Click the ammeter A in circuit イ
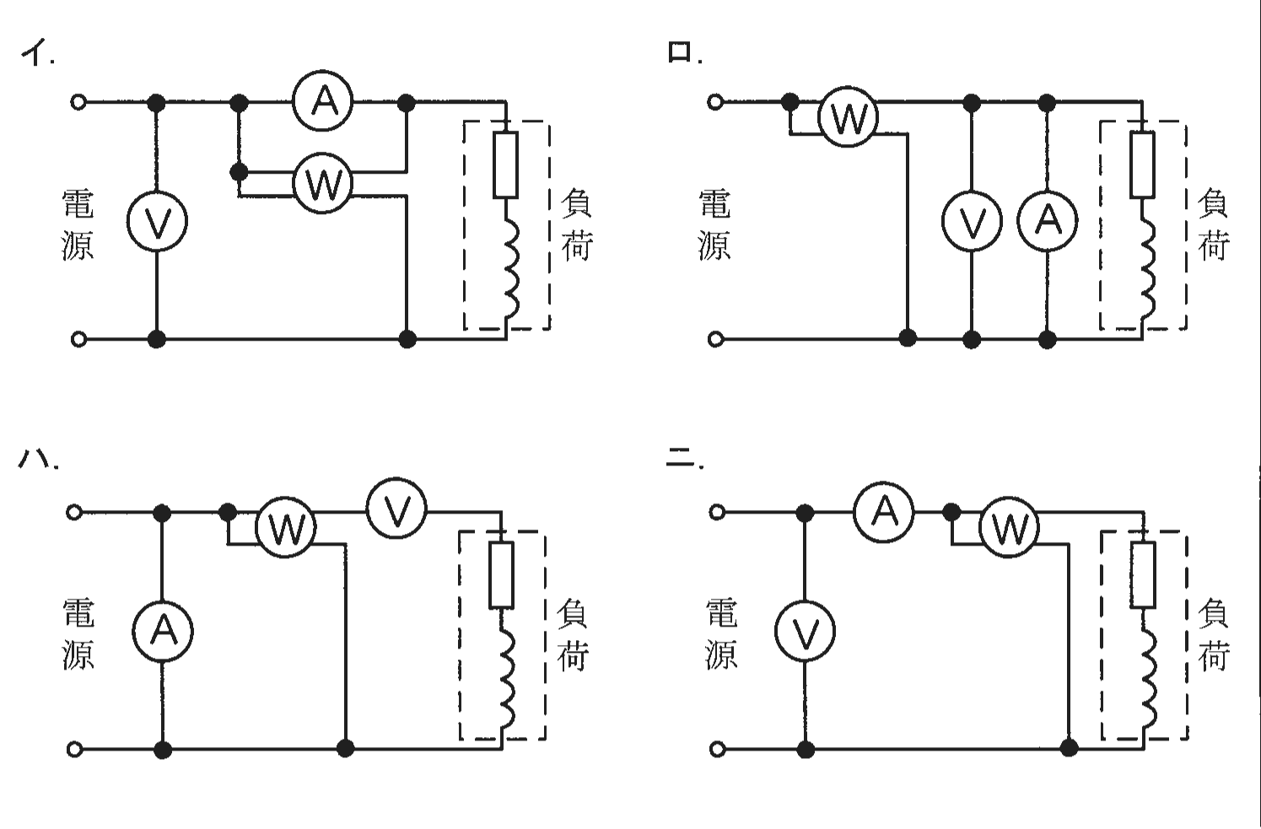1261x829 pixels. (x=322, y=101)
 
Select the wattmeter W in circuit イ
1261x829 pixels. (x=322, y=183)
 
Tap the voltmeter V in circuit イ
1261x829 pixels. (x=157, y=221)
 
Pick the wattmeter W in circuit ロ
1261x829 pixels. (x=847, y=117)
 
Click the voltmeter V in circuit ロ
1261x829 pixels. (x=972, y=221)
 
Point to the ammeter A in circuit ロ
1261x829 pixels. (x=1047, y=221)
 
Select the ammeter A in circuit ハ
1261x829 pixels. (x=163, y=631)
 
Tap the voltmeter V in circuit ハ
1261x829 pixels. (x=397, y=509)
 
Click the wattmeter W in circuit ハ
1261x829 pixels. (x=286, y=527)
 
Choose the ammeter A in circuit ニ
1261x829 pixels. (x=884, y=512)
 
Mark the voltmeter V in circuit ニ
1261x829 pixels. (x=805, y=631)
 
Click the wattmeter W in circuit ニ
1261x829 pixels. (x=1009, y=527)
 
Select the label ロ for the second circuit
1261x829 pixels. (x=684, y=51)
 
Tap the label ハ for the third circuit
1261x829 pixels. (x=37, y=459)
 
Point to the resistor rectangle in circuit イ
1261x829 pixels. (x=505, y=165)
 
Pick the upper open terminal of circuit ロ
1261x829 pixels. (x=715, y=102)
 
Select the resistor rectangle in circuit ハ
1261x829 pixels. (x=501, y=574)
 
